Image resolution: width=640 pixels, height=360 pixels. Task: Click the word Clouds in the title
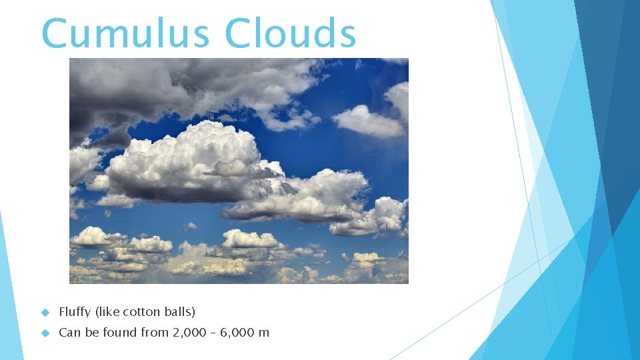(291, 33)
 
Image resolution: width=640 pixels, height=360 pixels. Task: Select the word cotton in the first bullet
(141, 312)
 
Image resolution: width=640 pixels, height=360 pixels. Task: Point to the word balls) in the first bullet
(179, 312)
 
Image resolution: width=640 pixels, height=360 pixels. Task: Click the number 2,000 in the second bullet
(189, 333)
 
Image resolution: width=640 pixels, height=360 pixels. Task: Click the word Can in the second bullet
(69, 333)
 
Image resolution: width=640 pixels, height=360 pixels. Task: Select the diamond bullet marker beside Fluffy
(46, 312)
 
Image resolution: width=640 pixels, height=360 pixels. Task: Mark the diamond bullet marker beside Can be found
(46, 333)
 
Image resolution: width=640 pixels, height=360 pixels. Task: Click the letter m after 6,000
(265, 333)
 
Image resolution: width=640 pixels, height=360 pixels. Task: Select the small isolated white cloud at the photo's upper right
(367, 121)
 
